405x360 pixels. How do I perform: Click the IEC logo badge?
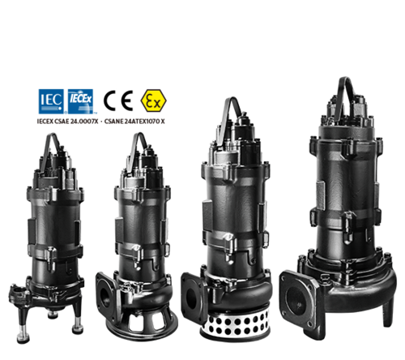tap(47, 101)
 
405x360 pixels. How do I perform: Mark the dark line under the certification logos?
tap(134, 121)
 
